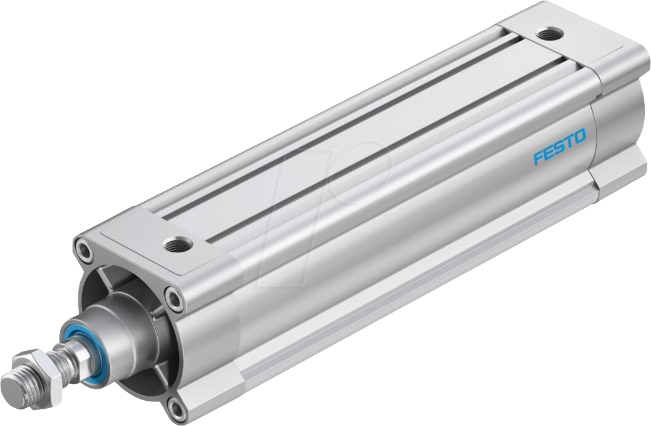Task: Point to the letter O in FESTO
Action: (579, 137)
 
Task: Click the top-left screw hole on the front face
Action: (83, 250)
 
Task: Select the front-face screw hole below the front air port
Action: (174, 300)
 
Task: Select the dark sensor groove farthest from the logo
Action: (333, 114)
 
